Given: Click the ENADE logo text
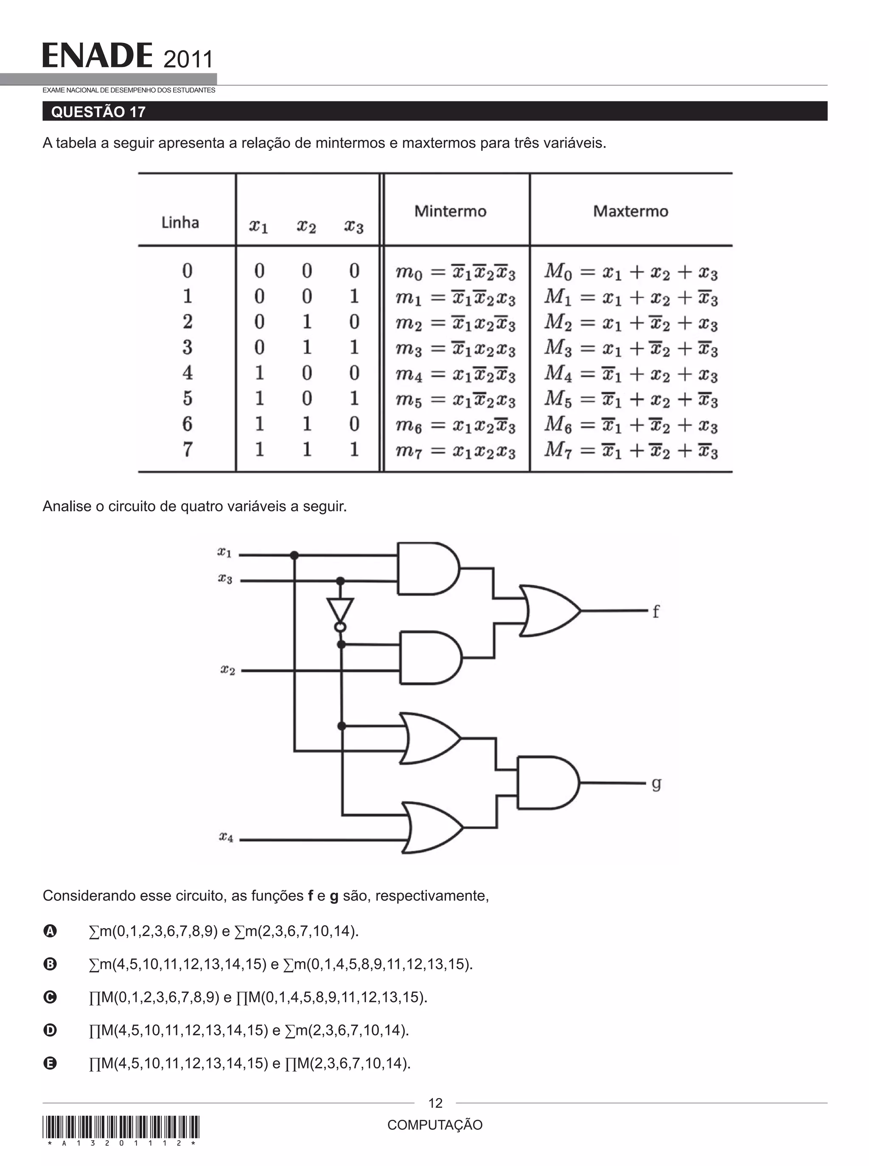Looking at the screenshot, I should (97, 56).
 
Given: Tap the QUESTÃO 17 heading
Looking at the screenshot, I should (98, 112).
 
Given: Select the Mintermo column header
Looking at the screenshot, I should (450, 211).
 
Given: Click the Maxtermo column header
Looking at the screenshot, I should (630, 211).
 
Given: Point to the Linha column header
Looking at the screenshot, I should (180, 222).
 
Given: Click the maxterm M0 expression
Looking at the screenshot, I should (631, 272).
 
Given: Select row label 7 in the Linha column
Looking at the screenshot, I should (187, 450).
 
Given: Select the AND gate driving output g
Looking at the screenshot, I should (547, 783).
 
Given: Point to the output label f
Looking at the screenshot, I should (656, 611).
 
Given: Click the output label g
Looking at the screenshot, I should (656, 783).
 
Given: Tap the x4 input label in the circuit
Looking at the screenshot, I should (226, 836).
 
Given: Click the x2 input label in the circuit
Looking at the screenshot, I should (227, 670).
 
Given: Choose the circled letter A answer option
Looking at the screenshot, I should (50, 931).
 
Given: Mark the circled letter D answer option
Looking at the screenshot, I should (50, 1030).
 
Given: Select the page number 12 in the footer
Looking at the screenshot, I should (435, 1103).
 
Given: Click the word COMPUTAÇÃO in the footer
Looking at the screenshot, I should (435, 1125).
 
